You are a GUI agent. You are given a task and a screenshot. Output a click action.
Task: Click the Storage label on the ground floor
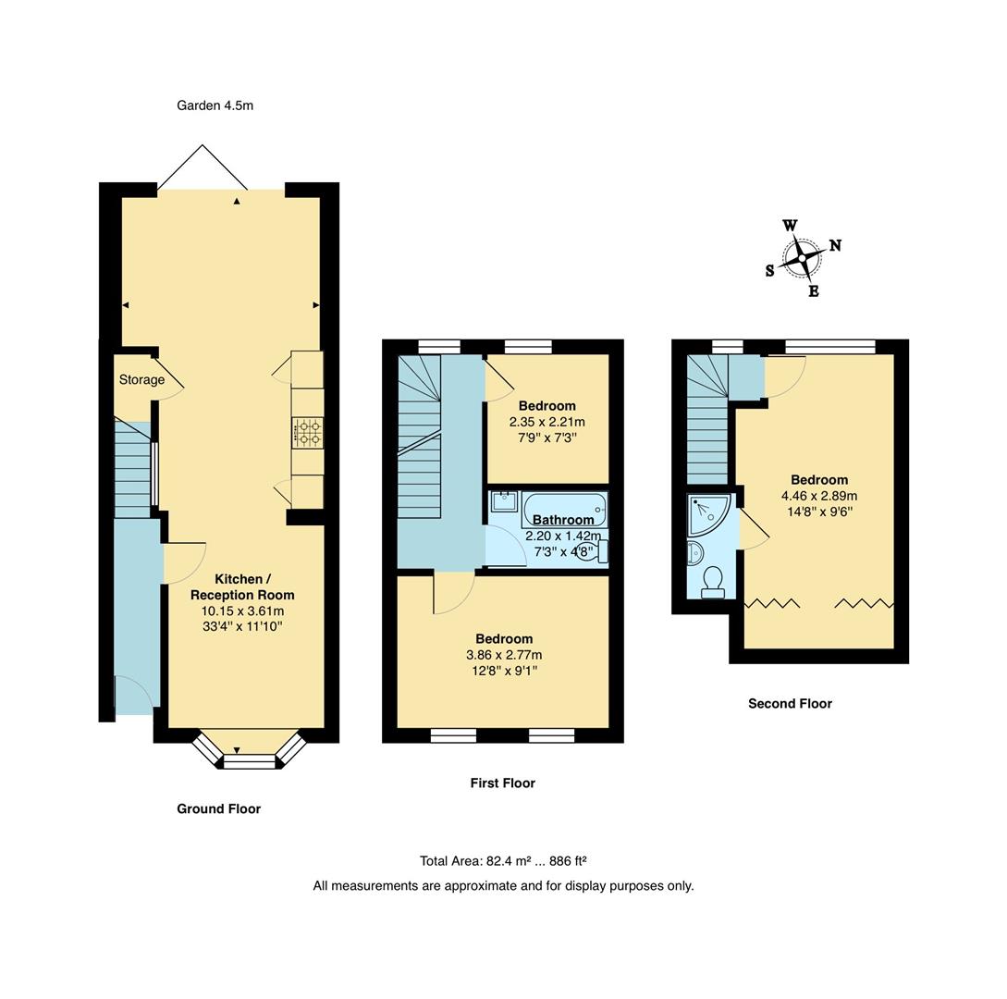[141, 379]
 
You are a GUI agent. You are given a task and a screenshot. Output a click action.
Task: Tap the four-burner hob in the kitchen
[308, 433]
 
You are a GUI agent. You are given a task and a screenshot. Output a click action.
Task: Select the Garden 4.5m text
[215, 105]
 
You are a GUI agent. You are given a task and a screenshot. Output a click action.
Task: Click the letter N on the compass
[835, 245]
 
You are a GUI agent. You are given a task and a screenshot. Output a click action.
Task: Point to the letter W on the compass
[790, 226]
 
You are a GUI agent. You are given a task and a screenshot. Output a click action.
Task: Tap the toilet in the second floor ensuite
[712, 583]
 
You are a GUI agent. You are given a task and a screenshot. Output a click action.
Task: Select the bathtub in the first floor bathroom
[564, 510]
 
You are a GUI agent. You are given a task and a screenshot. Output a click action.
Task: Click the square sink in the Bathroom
[505, 501]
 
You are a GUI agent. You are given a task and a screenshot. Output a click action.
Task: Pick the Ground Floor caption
[219, 808]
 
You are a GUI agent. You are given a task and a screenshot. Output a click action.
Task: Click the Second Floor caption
[790, 704]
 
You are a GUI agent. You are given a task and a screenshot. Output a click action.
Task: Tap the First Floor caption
[503, 783]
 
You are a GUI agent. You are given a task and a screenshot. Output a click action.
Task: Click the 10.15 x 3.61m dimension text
[243, 611]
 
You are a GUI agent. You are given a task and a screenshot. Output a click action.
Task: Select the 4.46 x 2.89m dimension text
[819, 496]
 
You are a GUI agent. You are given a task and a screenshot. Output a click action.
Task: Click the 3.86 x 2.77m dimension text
[504, 655]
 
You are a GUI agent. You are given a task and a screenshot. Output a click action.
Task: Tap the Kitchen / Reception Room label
[243, 587]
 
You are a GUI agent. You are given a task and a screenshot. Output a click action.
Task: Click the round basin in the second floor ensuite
[694, 552]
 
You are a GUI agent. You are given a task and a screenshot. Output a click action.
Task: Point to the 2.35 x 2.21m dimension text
[547, 422]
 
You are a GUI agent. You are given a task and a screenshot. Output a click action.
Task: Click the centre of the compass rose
[802, 258]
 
